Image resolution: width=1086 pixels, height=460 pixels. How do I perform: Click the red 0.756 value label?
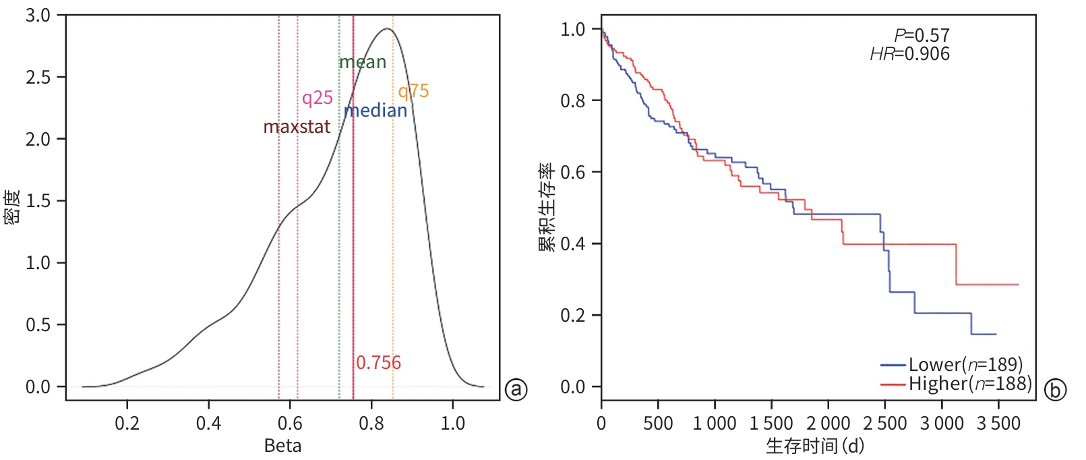[378, 363]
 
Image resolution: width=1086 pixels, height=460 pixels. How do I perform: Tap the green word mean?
[363, 63]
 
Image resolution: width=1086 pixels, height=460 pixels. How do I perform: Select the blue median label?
[375, 111]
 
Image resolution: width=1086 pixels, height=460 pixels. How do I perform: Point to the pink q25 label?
[317, 98]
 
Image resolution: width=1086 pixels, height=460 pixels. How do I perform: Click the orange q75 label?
[413, 91]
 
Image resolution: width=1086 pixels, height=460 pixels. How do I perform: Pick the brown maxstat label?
[297, 127]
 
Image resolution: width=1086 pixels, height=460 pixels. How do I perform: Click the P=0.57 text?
[922, 35]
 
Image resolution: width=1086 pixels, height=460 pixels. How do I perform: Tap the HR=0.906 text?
[909, 54]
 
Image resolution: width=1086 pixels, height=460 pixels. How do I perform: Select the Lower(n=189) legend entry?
[952, 365]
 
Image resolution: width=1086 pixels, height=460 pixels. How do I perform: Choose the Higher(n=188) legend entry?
[956, 384]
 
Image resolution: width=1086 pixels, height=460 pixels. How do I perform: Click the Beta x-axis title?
[282, 446]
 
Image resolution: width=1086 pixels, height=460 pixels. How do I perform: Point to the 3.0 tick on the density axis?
[38, 16]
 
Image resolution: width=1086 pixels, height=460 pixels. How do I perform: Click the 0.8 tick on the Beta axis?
[371, 424]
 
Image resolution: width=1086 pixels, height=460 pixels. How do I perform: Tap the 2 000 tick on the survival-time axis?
[828, 424]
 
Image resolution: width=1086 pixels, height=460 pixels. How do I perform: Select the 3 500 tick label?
[998, 424]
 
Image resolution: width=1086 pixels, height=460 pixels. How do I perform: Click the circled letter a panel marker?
[516, 389]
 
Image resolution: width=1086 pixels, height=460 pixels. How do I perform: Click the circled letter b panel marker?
[1055, 390]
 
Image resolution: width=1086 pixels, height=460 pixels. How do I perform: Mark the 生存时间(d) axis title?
[814, 446]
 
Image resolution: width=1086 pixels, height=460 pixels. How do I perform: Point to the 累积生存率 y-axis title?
[546, 207]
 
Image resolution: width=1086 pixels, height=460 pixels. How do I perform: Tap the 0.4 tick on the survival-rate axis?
[572, 243]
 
